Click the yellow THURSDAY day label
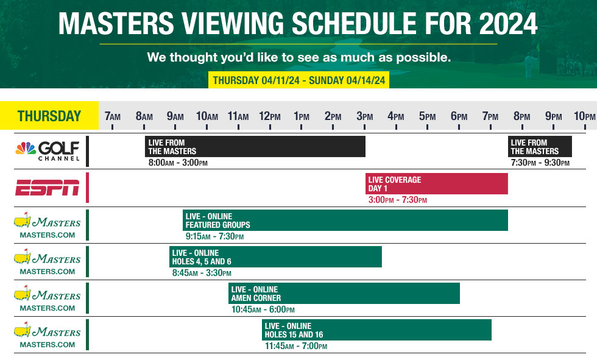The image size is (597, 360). point(49,116)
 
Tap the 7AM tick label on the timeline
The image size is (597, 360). point(113,116)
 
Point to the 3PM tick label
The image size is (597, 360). point(365,116)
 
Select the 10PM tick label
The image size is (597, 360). point(584,116)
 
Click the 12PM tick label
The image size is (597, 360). point(270,116)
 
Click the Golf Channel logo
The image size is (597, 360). point(47,150)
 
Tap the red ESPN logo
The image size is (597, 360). point(47,188)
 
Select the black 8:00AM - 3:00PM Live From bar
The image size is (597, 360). point(255,147)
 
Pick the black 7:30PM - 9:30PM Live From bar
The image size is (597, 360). point(540,147)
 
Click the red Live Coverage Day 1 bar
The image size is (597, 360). point(436,184)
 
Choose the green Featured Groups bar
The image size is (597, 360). point(345,221)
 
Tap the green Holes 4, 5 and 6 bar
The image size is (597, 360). point(275,257)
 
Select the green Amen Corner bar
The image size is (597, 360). point(344,294)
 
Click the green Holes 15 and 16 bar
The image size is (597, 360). point(376,330)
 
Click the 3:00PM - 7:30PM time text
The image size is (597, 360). point(397,200)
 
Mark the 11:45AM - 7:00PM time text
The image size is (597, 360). point(295,346)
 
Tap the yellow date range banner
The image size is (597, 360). point(298,80)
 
